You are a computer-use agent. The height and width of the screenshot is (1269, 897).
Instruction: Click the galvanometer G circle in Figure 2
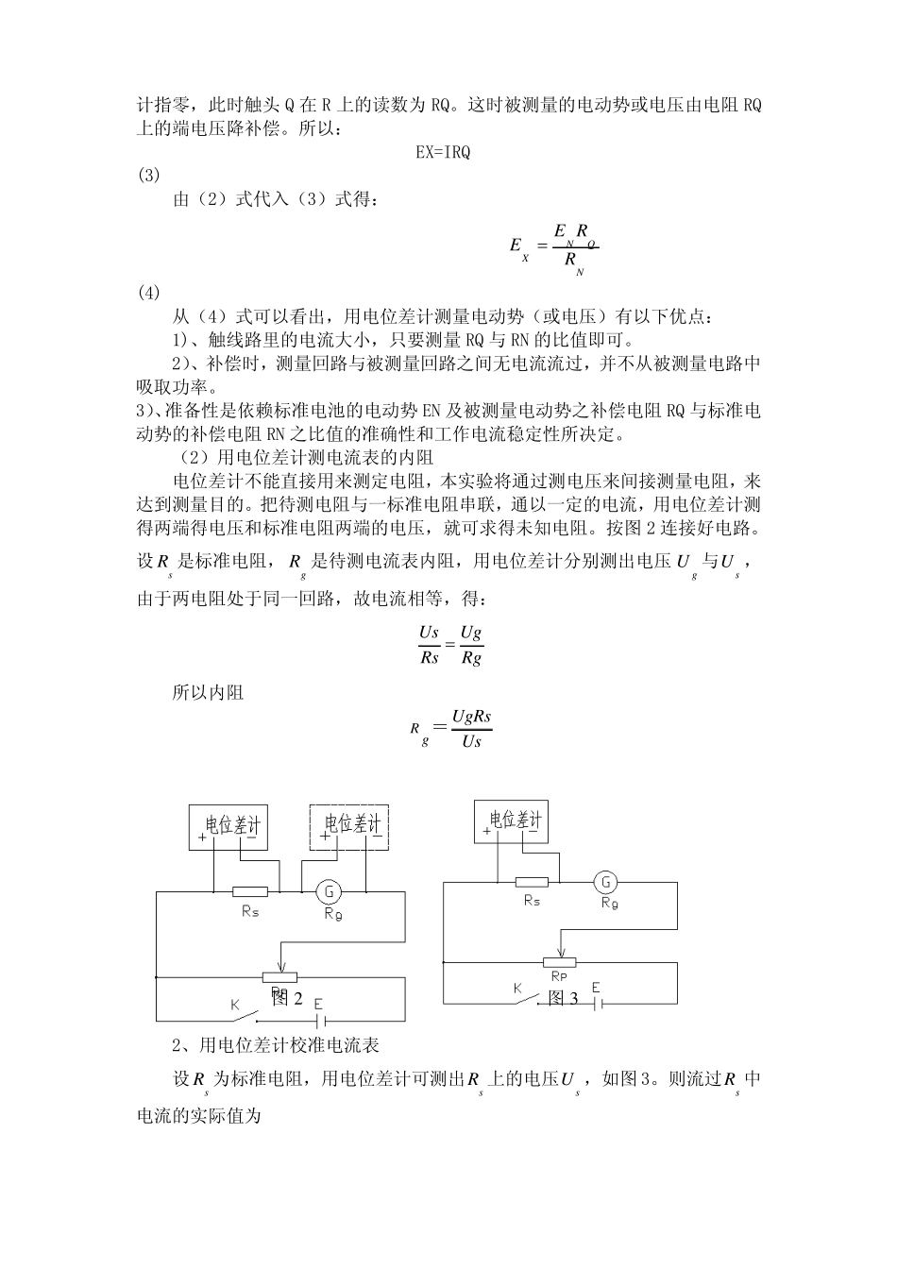coord(329,890)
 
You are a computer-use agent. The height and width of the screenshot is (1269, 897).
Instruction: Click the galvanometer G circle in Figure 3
coord(605,883)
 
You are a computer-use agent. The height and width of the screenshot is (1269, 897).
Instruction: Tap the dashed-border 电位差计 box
coord(351,827)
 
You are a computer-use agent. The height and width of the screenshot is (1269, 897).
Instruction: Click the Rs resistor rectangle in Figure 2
coord(250,890)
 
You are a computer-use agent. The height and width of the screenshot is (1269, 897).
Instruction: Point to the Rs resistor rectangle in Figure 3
coord(533,883)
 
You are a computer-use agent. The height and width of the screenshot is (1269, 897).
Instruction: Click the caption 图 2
coord(286,999)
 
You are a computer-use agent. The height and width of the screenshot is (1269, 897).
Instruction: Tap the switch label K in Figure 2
coord(235,1006)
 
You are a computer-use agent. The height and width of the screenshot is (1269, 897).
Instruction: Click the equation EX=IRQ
coord(443,152)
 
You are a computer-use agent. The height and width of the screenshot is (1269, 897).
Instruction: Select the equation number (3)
coord(149,175)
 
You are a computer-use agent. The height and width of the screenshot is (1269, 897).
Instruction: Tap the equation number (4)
coord(149,293)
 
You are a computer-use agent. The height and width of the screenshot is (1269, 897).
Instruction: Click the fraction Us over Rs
coord(430,644)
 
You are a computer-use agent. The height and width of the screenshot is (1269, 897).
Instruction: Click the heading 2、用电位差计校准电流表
coord(276,1045)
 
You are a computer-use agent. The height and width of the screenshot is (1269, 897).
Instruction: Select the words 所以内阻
coord(208,693)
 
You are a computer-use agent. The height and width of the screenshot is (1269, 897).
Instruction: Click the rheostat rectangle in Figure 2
coord(279,977)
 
